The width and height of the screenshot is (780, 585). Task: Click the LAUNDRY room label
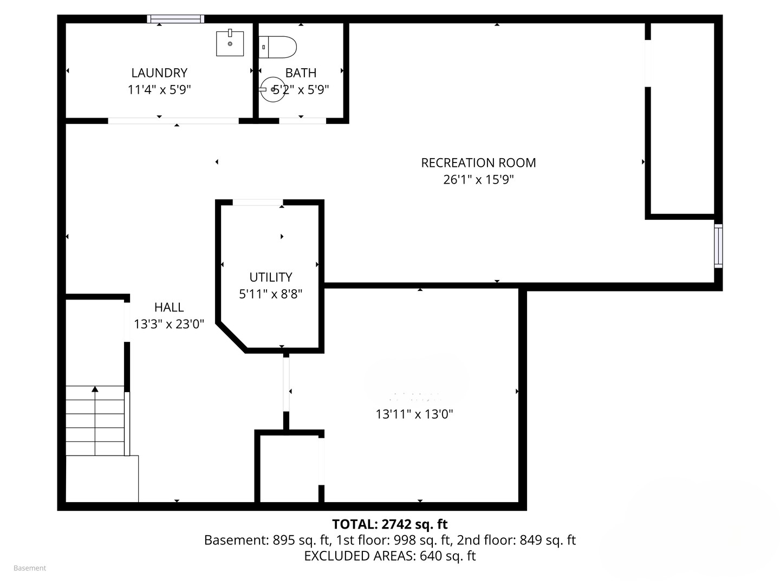[x=159, y=73]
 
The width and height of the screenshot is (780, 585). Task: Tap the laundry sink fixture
[x=230, y=43]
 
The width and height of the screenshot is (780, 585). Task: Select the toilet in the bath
[x=278, y=47]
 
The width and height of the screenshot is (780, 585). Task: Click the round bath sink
[x=272, y=89]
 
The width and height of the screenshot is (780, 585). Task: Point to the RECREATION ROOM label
[x=478, y=162]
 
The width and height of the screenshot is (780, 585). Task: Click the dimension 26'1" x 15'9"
[x=478, y=179]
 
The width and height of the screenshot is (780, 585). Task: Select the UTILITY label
[x=271, y=277]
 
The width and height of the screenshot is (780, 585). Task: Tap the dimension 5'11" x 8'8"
[x=271, y=294]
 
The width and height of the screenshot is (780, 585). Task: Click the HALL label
[x=169, y=307]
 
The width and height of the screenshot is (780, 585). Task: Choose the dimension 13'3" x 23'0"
[x=169, y=324]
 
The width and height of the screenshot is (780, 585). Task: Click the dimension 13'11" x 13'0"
[x=414, y=414]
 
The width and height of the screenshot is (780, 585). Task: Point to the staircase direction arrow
[x=95, y=389]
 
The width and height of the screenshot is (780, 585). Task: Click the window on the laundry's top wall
[x=175, y=19]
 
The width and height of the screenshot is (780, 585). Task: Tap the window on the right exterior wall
[x=718, y=246]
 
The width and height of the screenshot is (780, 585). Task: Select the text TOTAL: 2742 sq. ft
[x=389, y=524]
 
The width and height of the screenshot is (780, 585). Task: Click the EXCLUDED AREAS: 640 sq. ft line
[x=389, y=556]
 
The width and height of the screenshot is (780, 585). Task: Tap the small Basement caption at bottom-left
[x=30, y=568]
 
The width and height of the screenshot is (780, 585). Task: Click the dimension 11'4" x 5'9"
[x=159, y=89]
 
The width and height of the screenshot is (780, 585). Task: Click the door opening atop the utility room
[x=257, y=203]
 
